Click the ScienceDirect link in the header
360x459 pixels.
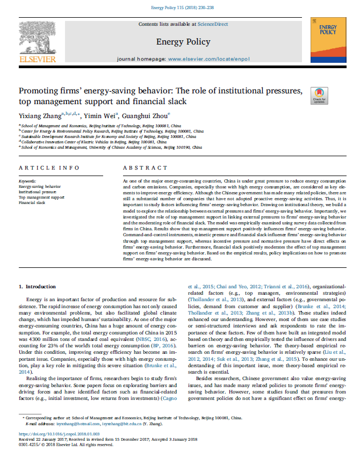(x=212, y=24)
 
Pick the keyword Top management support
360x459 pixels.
(x=41, y=198)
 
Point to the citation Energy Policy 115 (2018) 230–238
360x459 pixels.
(x=180, y=8)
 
